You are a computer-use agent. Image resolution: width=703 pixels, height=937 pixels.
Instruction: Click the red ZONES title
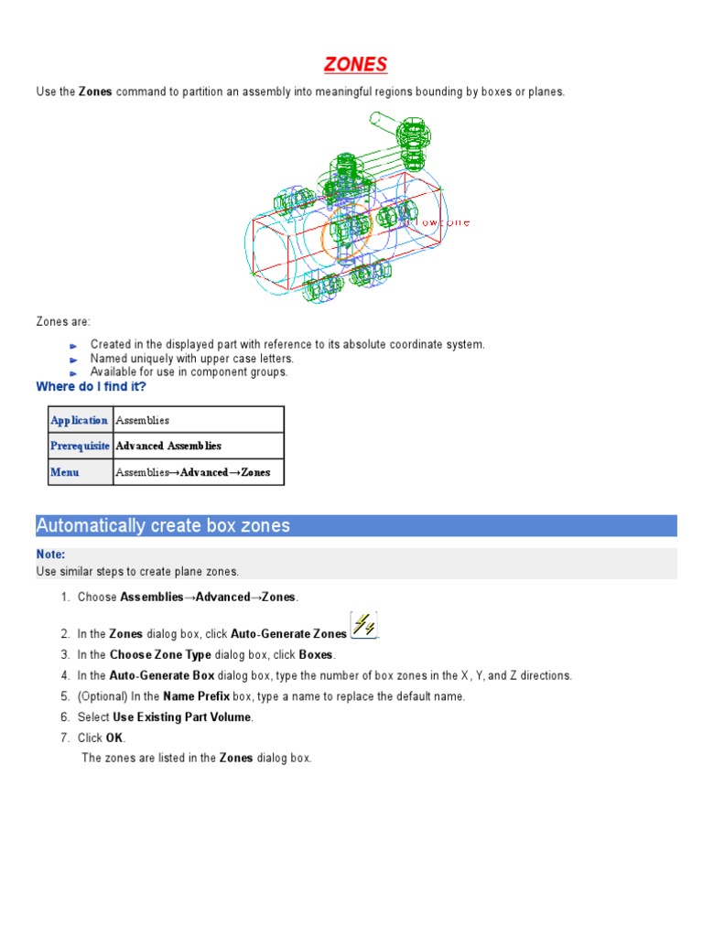pyautogui.click(x=355, y=64)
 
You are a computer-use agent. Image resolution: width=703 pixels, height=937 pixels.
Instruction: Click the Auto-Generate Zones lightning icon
pyautogui.click(x=363, y=626)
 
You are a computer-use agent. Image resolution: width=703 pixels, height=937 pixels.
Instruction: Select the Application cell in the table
pyautogui.click(x=80, y=420)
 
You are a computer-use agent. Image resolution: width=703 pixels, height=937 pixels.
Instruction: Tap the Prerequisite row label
pyautogui.click(x=80, y=446)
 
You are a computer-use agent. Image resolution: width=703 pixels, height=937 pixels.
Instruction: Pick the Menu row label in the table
pyautogui.click(x=65, y=472)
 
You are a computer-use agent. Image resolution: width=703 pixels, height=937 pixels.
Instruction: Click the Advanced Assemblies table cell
pyautogui.click(x=168, y=446)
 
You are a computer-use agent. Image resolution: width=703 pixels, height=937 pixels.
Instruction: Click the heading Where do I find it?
pyautogui.click(x=91, y=387)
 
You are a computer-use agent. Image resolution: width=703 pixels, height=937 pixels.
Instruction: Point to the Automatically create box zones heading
pyautogui.click(x=163, y=525)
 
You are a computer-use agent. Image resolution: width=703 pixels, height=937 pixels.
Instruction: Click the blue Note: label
pyautogui.click(x=50, y=555)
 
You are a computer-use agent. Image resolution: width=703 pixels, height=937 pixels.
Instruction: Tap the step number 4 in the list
pyautogui.click(x=65, y=675)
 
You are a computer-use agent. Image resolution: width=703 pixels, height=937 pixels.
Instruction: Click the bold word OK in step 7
pyautogui.click(x=114, y=738)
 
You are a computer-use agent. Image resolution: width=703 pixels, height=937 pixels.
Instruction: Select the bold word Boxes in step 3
pyautogui.click(x=316, y=655)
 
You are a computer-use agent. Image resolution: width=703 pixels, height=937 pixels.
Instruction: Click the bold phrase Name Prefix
pyautogui.click(x=196, y=696)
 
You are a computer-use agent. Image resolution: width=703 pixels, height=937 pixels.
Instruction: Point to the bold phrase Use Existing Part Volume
pyautogui.click(x=181, y=717)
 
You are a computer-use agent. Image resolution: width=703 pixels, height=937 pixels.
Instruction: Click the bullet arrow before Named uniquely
pyautogui.click(x=74, y=360)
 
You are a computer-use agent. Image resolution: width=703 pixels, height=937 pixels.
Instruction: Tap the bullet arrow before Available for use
pyautogui.click(x=74, y=373)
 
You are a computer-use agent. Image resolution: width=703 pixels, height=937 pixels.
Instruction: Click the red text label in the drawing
pyautogui.click(x=442, y=222)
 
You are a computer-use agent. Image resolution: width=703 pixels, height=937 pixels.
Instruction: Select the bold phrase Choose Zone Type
pyautogui.click(x=160, y=655)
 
